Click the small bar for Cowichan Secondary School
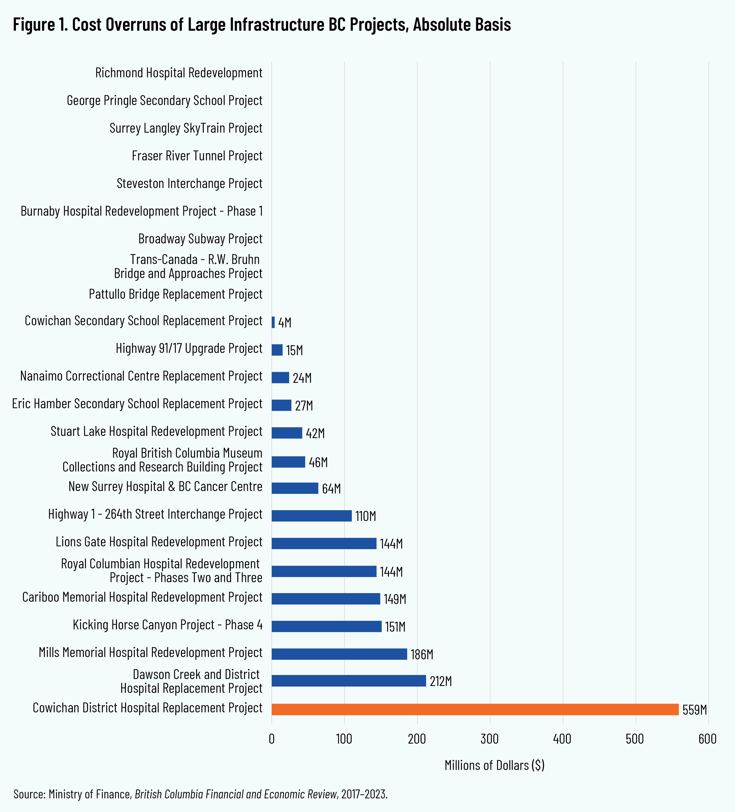[x=273, y=322]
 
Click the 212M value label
[x=441, y=681]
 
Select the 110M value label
[x=365, y=516]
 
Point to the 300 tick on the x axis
[x=490, y=739]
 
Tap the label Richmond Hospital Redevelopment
[x=179, y=73]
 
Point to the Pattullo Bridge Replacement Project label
[x=176, y=294]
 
